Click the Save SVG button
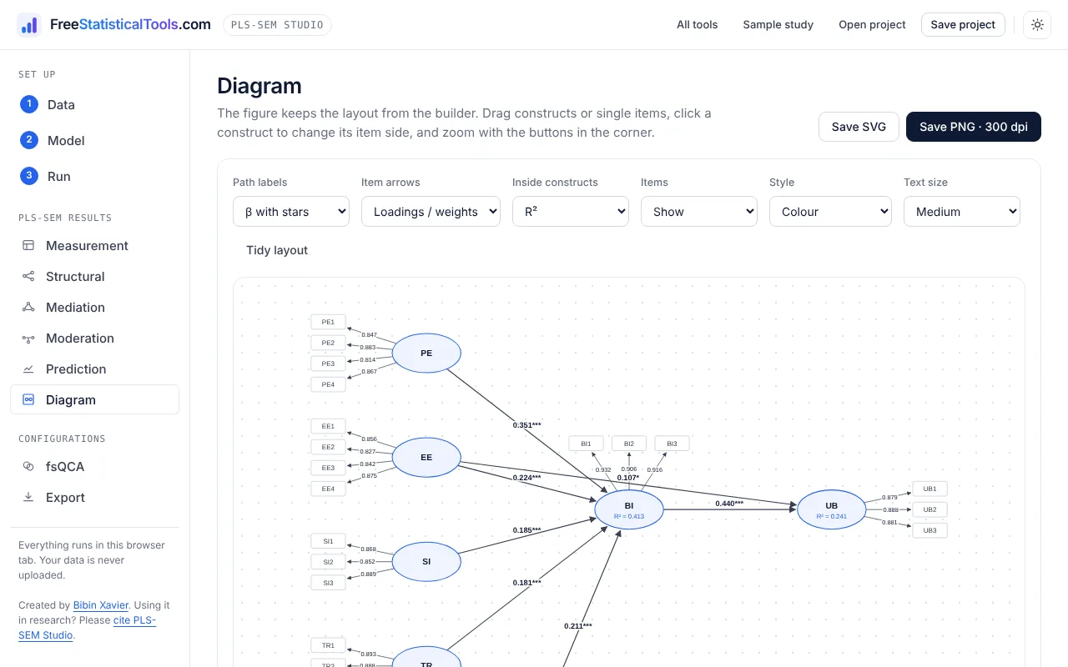coord(859,127)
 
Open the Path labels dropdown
coord(291,212)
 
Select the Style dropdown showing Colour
coord(830,212)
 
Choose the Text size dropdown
coord(962,212)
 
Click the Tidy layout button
coord(277,250)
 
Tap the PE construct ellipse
coord(426,353)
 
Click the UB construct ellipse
coord(832,509)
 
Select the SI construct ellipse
coord(426,562)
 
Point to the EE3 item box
coord(328,468)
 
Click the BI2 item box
coord(629,444)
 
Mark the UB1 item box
coord(929,489)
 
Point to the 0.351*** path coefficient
coord(526,425)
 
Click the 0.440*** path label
coord(729,504)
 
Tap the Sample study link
coord(778,25)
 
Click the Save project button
coord(963,25)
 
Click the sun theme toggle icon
coord(1037,25)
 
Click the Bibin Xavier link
coord(101,605)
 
